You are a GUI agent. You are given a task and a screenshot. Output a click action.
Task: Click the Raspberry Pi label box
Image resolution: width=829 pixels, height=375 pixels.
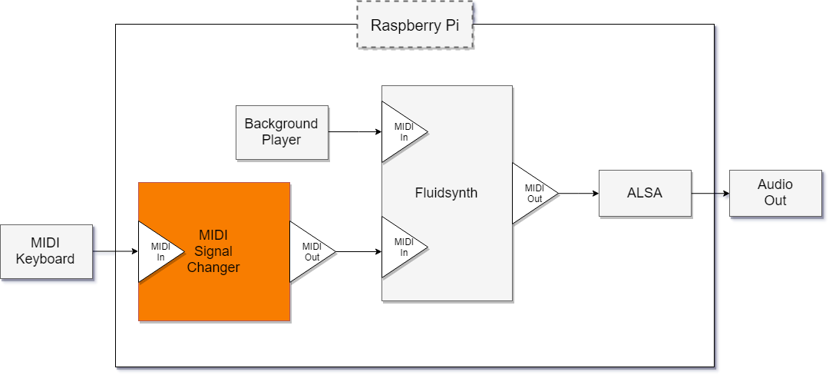click(x=414, y=25)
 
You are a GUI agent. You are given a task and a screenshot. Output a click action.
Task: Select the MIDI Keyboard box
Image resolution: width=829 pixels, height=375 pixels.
click(x=46, y=252)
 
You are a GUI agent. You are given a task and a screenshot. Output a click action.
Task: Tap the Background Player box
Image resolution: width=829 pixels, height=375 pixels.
click(x=282, y=132)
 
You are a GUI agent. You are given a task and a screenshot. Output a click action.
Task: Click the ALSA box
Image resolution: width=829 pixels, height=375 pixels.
click(x=645, y=193)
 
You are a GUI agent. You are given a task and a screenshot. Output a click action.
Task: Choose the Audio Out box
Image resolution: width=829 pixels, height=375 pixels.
click(x=775, y=193)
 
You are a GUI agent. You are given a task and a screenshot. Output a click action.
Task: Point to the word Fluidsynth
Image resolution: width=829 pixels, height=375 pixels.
click(x=446, y=193)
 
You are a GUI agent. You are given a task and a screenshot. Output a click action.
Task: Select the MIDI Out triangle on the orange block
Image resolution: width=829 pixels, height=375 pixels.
click(x=309, y=252)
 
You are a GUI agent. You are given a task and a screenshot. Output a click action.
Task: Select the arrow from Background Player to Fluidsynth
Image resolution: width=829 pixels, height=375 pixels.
click(x=355, y=132)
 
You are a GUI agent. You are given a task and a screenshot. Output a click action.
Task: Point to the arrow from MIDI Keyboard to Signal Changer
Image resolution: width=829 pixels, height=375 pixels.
click(x=115, y=252)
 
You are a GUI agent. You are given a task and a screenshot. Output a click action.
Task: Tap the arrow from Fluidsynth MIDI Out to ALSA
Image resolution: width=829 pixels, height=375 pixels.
click(x=579, y=194)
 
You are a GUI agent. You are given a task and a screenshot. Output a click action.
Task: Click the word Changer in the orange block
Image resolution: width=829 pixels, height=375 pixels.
click(x=213, y=267)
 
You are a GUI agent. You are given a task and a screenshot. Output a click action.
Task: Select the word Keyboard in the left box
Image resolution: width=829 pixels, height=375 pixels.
click(x=46, y=259)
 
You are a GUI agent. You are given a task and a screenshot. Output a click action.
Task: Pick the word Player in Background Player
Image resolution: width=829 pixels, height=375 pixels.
click(x=282, y=140)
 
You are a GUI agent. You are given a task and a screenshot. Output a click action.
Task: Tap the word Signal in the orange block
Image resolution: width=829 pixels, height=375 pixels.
click(x=213, y=251)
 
